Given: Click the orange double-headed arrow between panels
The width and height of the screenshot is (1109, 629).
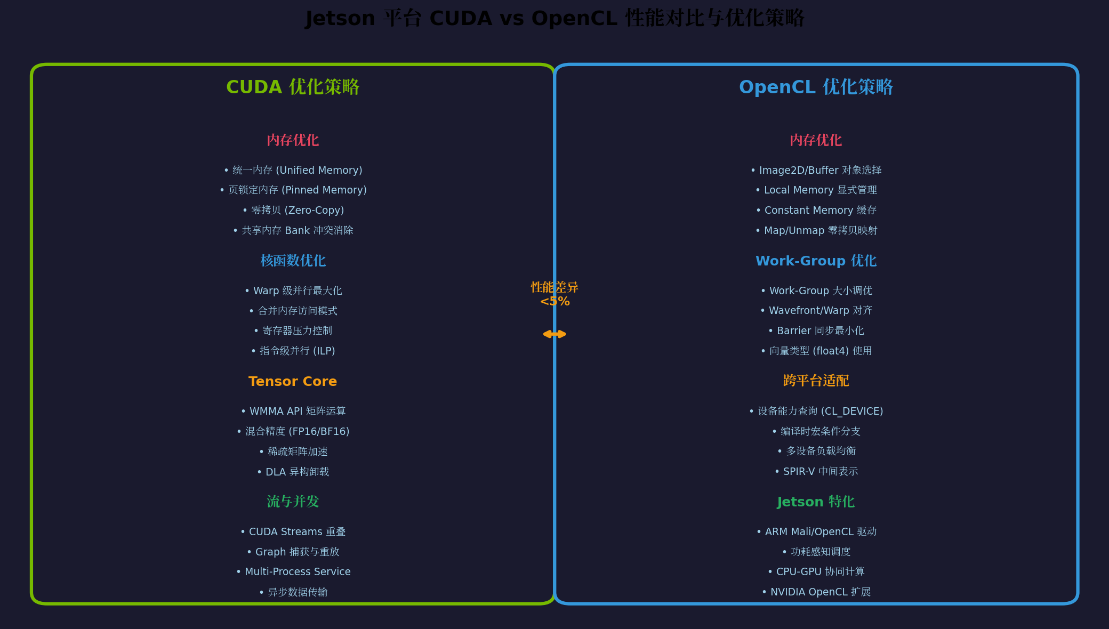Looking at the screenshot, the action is (x=554, y=334).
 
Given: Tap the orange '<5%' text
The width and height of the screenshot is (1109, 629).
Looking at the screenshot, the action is (x=554, y=302).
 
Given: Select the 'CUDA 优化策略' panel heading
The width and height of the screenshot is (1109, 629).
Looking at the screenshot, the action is (x=293, y=87).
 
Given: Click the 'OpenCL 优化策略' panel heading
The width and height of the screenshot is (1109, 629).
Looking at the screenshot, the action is (x=816, y=87).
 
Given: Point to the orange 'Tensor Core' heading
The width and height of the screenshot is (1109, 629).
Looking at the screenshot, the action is (x=293, y=381).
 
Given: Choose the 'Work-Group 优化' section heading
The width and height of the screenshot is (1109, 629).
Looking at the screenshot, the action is (x=816, y=261).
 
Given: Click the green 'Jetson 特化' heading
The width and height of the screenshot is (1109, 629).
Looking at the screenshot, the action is (x=816, y=502).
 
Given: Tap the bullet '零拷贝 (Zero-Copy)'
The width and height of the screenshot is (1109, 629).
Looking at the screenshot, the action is (x=293, y=210).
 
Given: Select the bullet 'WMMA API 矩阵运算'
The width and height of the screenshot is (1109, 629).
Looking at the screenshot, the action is (x=293, y=411).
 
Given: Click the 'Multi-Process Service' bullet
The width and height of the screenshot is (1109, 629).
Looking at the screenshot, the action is (x=293, y=571).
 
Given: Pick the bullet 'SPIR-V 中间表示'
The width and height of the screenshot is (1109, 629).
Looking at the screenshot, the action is (x=816, y=471).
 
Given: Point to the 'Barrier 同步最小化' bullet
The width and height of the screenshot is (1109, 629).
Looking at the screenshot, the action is (x=816, y=330).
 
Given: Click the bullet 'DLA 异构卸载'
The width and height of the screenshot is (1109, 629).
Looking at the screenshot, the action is (x=293, y=472).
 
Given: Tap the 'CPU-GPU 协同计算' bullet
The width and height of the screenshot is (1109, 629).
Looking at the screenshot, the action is (x=816, y=571).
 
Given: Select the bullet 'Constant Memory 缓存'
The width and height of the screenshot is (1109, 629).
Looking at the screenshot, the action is (x=816, y=210).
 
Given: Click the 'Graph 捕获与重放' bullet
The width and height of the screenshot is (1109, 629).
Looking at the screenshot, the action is (x=293, y=552).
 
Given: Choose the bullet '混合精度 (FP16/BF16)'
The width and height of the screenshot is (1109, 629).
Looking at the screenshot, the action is (x=293, y=431).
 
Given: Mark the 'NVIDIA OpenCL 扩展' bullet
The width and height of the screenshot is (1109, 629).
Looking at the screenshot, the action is (x=816, y=592).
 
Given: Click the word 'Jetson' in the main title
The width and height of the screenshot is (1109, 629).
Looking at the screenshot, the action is (x=340, y=19).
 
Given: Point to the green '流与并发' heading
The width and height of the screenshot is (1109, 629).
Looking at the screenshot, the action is (x=293, y=502).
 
